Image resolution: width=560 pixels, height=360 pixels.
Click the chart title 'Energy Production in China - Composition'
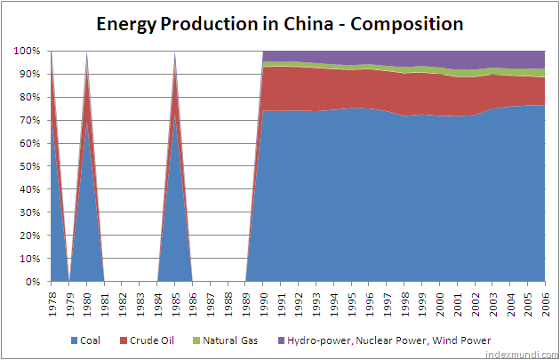[280, 24]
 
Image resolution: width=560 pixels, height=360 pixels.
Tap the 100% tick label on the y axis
[27, 52]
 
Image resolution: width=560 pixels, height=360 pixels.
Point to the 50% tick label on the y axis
[29, 166]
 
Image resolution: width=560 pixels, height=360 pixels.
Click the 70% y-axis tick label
[29, 120]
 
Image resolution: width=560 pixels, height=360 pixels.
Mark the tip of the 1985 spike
[175, 52]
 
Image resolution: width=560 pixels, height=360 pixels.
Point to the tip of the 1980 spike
[87, 52]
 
